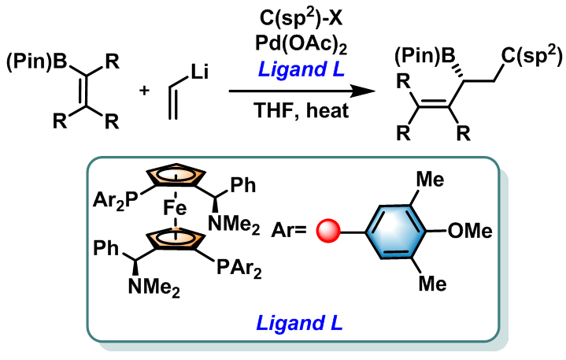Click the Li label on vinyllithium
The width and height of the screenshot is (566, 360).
pos(200,72)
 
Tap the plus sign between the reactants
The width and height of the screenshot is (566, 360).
pos(144,91)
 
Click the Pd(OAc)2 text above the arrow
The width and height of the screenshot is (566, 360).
pos(301,45)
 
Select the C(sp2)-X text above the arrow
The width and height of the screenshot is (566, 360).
pos(301,17)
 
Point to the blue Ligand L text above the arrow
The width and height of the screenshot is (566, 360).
pos(301,69)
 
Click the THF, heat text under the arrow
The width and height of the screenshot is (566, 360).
pos(301,110)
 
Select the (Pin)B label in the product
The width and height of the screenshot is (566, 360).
pos(425,57)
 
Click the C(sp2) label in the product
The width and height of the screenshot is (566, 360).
pos(531,57)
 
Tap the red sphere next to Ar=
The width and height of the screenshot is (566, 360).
pos(328,230)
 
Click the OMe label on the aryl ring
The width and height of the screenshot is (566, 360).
pos(470,230)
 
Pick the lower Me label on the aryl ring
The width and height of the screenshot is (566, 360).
pos(432,283)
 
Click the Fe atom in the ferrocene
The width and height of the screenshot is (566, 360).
pos(175,208)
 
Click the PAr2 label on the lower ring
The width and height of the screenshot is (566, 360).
pos(239,269)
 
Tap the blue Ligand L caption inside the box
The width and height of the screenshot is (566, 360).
pos(299,323)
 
